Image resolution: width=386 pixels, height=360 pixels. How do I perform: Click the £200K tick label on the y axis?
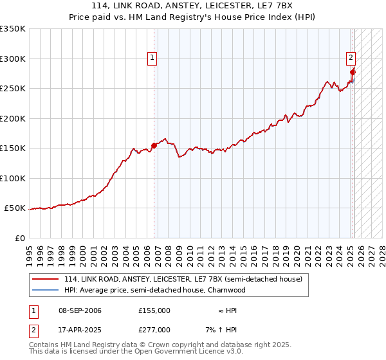tap(13, 118)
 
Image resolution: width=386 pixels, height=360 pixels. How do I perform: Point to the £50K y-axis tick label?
tap(15, 208)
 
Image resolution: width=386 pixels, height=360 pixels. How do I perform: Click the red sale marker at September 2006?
tap(154, 145)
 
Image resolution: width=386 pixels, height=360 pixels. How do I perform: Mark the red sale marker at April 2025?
tap(353, 72)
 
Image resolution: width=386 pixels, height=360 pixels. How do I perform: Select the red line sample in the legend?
tap(45, 280)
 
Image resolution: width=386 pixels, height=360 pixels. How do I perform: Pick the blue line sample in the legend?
tap(45, 290)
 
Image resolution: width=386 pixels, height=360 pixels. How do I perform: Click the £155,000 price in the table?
tap(154, 310)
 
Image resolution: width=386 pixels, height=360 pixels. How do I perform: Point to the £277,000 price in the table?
tap(154, 329)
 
